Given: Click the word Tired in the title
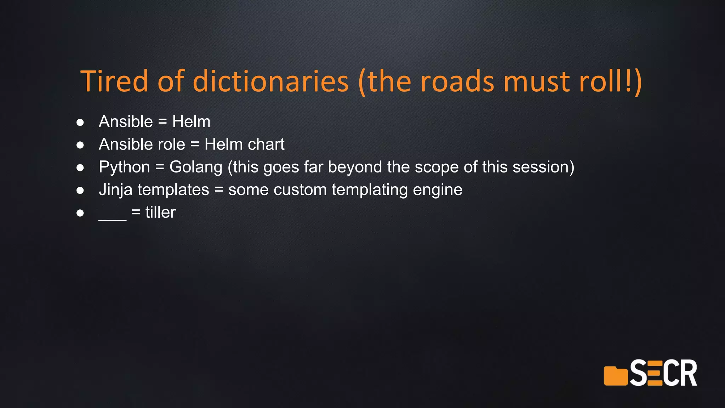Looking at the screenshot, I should (114, 81).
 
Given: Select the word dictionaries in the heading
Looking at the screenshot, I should (270, 81).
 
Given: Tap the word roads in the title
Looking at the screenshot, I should (457, 81).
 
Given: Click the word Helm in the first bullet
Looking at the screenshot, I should (191, 121).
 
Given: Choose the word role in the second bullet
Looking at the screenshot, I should (171, 144).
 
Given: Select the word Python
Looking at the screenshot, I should (124, 167).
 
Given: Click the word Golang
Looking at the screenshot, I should (196, 167).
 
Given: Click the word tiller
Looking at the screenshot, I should (160, 212).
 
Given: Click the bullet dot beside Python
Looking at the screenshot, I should (80, 168).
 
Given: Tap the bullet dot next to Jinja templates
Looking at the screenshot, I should (80, 190).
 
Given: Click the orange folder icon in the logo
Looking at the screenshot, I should (615, 376).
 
